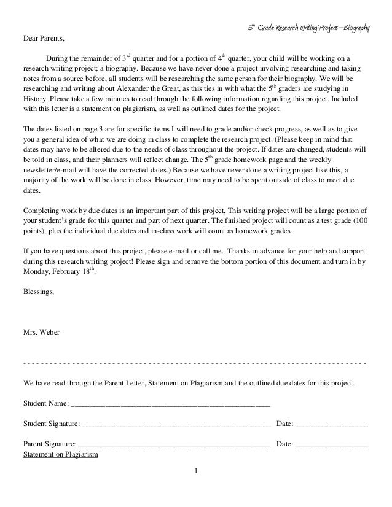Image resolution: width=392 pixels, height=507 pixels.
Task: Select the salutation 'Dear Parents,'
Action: (x=43, y=38)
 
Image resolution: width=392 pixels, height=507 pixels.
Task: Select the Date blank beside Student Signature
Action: (x=332, y=424)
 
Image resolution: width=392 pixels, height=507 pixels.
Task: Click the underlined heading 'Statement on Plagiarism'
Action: (x=60, y=455)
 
